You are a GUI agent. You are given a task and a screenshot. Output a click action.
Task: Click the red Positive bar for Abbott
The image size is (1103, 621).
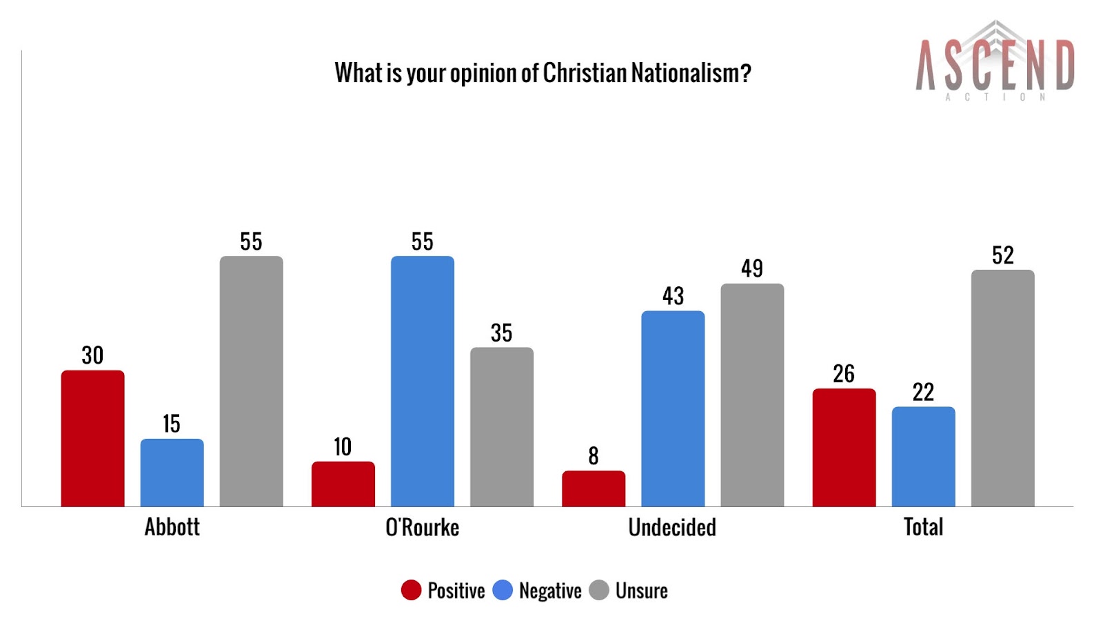click(92, 438)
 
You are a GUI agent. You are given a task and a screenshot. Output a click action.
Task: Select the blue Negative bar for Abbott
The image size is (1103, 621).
click(172, 473)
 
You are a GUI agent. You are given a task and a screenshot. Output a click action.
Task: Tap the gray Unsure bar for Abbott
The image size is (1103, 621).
click(251, 381)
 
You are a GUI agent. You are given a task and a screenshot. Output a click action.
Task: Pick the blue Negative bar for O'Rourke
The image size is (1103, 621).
click(422, 381)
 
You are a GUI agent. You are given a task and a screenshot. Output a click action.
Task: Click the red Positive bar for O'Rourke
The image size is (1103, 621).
click(343, 484)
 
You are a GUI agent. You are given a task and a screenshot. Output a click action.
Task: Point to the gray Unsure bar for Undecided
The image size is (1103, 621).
click(752, 395)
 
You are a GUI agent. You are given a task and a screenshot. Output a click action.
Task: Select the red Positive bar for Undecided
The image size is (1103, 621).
click(594, 489)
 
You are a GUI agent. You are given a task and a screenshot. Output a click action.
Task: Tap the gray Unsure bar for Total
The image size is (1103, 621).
click(1002, 388)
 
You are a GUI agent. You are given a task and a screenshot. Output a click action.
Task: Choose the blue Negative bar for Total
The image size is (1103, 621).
click(923, 456)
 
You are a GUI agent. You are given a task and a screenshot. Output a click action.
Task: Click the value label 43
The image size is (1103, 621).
click(673, 296)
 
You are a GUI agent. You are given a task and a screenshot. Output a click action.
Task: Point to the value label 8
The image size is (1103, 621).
click(594, 456)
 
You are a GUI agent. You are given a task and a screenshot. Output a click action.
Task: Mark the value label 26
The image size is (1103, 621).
click(844, 374)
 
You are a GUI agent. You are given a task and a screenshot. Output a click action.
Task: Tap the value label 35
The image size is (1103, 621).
click(501, 333)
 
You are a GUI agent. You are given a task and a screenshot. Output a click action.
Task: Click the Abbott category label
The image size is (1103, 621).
click(172, 527)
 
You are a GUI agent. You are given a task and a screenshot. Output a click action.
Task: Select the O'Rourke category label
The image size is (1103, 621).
click(422, 527)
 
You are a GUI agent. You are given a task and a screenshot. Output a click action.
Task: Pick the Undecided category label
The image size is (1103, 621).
click(672, 527)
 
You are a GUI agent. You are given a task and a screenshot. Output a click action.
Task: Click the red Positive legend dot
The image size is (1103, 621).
click(411, 591)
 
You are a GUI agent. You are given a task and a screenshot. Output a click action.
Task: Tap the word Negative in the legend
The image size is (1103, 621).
click(550, 591)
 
